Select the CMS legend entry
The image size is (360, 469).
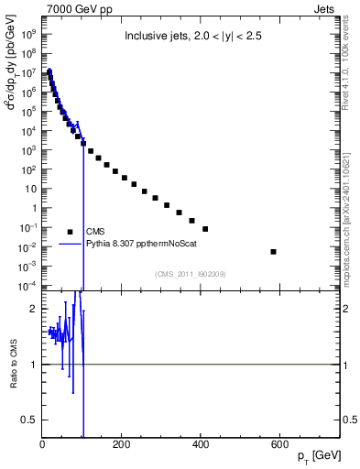point(96,232)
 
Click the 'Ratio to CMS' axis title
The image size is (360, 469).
point(14,364)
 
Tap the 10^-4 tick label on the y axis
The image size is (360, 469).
point(28,286)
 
